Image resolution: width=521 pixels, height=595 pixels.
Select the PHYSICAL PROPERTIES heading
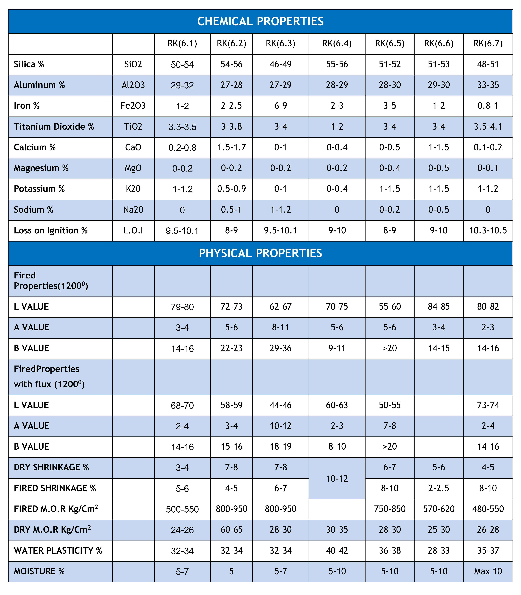(x=260, y=253)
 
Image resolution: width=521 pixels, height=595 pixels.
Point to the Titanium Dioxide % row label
(x=54, y=127)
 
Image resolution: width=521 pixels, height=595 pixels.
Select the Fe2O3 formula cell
(x=133, y=106)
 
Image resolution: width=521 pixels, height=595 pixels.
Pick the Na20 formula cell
(x=133, y=210)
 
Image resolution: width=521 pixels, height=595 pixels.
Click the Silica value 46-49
(x=281, y=64)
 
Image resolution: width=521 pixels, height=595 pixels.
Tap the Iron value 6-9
(x=281, y=106)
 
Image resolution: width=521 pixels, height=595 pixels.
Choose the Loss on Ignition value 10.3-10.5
(x=488, y=230)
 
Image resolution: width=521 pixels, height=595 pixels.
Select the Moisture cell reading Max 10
(x=488, y=571)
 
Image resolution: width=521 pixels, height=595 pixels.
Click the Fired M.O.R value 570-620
(x=439, y=509)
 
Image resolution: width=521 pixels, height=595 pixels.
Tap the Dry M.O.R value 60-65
(x=231, y=530)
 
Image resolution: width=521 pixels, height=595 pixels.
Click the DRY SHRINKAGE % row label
(x=51, y=467)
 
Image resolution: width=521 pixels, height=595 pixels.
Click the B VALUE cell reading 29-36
(x=281, y=348)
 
